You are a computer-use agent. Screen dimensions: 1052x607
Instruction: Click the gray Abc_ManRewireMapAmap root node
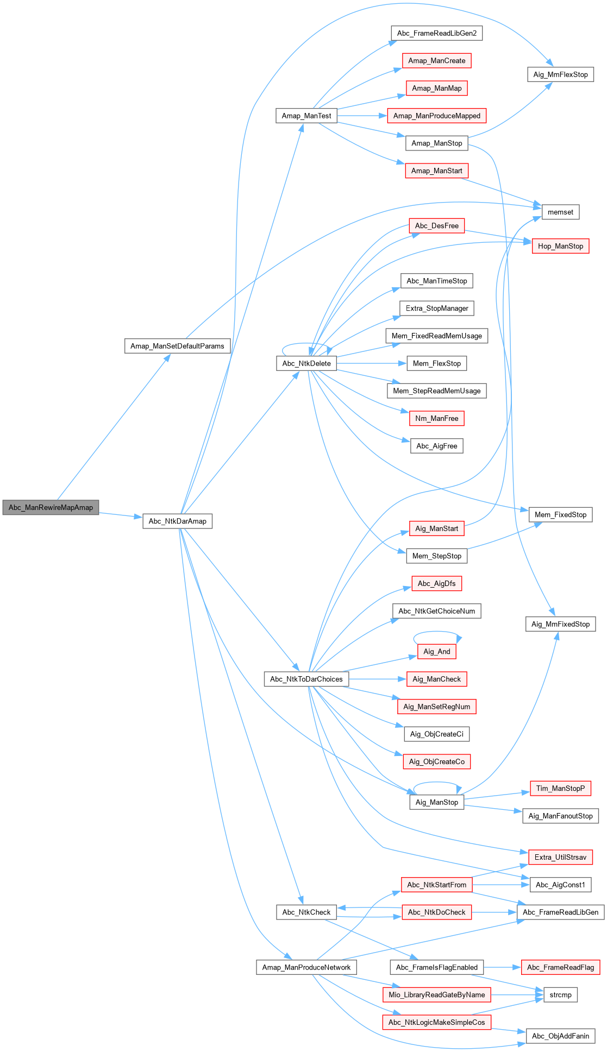point(51,507)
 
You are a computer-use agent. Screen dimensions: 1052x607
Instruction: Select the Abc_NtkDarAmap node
point(177,521)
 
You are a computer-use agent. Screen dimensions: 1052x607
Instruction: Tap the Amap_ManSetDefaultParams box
point(177,346)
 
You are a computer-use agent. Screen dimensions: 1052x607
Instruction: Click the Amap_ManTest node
point(306,116)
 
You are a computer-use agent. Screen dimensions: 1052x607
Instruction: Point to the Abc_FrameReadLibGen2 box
point(436,33)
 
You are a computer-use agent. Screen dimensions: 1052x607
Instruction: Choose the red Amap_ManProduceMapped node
point(436,116)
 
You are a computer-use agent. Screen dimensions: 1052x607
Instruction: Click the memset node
point(560,212)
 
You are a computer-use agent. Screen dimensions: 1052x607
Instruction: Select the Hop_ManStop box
point(560,246)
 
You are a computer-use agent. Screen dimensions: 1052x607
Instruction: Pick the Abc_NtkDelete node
point(306,363)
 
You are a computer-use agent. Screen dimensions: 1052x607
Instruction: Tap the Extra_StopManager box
point(436,308)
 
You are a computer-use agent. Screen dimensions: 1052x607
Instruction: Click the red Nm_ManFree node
point(436,418)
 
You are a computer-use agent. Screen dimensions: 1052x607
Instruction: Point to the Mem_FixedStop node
point(560,514)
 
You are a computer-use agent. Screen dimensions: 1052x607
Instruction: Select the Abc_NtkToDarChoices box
point(306,679)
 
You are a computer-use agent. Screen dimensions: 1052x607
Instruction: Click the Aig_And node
point(436,651)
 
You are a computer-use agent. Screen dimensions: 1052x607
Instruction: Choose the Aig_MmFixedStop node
point(560,624)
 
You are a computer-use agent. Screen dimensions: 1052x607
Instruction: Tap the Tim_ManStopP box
point(560,788)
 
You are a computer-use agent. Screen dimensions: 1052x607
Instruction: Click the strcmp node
point(560,994)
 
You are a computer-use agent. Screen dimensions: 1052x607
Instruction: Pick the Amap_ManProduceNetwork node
point(306,967)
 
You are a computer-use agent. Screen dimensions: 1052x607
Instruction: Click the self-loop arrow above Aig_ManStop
point(436,783)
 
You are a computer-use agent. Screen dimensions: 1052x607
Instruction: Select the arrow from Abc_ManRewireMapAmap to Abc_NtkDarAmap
point(121,515)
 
